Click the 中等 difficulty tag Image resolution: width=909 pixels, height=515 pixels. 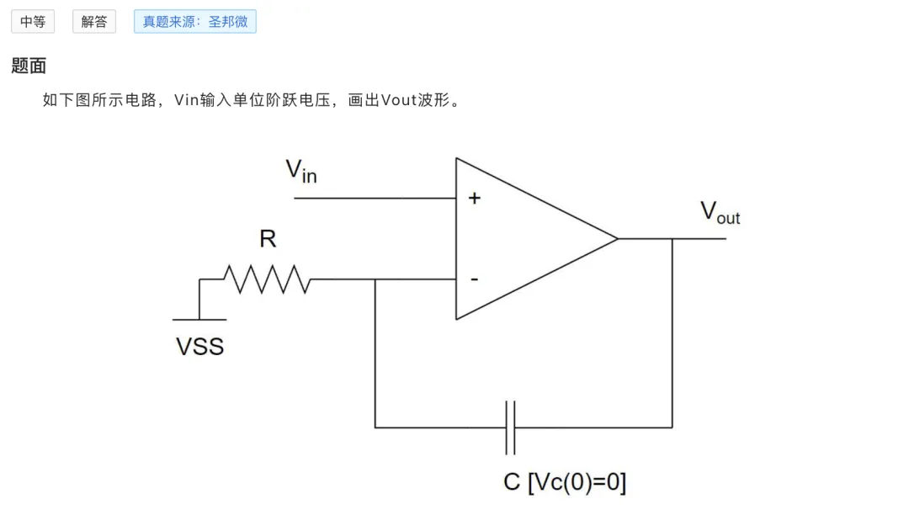pos(33,22)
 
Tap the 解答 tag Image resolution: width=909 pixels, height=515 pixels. pos(94,22)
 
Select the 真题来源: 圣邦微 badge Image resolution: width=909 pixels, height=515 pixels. pos(194,22)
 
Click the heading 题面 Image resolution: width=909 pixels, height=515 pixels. pos(29,66)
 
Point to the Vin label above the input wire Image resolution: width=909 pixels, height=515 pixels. pos(301,171)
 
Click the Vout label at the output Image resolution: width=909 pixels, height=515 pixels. pos(720,212)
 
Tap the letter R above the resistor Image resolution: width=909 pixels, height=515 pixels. pos(268,239)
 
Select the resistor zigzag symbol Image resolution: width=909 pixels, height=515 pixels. pos(268,279)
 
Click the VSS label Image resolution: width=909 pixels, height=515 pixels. pos(200,347)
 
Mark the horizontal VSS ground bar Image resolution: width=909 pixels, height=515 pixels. pos(199,319)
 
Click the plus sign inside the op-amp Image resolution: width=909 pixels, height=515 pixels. pos(475,198)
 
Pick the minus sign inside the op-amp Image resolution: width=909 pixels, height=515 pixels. pos(474,279)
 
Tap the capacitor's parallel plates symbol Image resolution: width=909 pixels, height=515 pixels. pos(510,427)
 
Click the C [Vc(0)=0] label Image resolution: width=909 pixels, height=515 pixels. pos(565,482)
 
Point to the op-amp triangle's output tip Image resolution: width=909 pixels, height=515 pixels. pos(618,238)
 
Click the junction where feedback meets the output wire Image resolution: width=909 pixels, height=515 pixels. pos(672,239)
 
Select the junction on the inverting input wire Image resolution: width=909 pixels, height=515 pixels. pos(375,279)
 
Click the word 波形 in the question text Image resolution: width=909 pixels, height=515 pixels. pos(433,100)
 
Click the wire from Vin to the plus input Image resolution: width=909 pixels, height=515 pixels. pos(375,198)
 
